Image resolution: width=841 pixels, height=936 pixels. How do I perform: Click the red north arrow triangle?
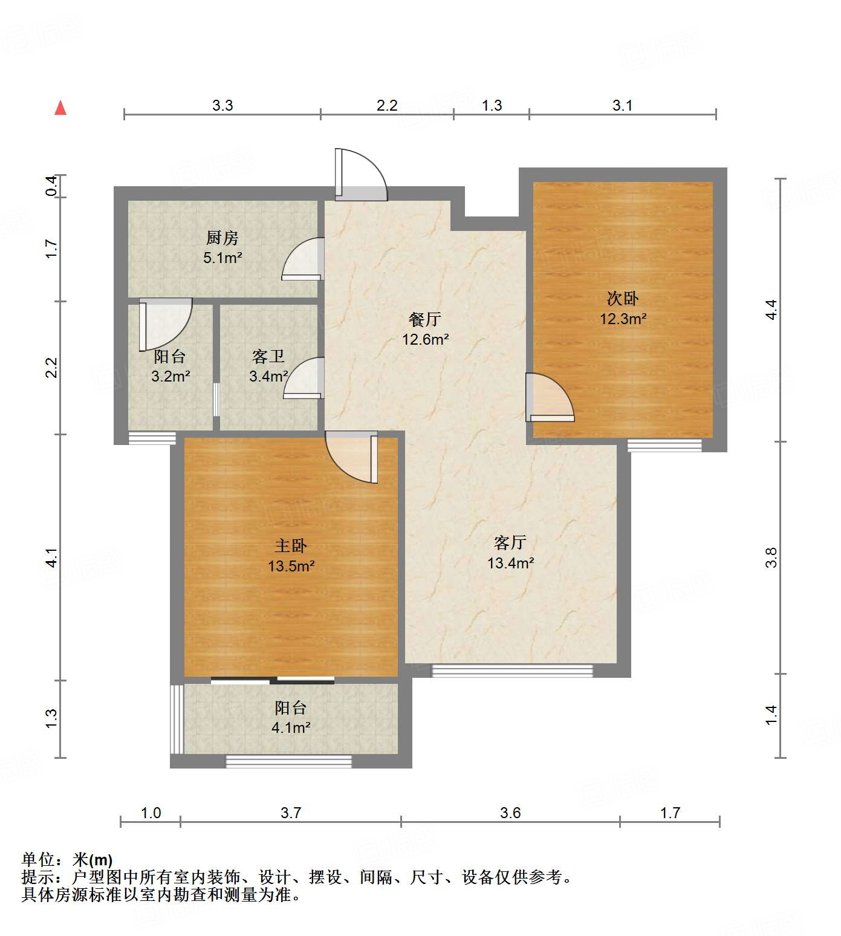coord(60,108)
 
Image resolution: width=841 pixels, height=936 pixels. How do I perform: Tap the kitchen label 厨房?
coord(222,238)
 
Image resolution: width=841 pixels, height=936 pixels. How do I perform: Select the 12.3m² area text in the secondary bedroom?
coord(623,319)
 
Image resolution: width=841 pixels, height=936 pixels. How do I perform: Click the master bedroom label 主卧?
coord(291,546)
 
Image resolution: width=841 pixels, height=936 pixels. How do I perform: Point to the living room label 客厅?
coord(510,542)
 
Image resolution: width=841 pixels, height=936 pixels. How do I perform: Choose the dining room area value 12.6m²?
coord(425,339)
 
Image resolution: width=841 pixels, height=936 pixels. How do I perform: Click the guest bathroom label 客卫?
coord(268,356)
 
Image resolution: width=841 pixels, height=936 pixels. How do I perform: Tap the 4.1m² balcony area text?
coord(291,727)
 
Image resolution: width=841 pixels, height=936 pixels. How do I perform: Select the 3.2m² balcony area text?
coord(170,376)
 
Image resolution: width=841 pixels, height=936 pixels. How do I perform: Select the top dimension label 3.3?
coord(222,105)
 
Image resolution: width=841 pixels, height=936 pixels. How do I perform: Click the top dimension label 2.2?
coord(387,105)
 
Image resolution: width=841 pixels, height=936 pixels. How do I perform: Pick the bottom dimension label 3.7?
coord(290,813)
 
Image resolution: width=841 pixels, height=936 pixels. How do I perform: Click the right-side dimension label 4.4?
coord(771,310)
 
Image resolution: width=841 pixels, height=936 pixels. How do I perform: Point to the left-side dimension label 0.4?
coord(52,186)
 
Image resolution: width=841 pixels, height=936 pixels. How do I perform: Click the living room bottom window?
coord(512,670)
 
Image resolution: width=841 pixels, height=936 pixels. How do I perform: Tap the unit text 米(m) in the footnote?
coord(93,859)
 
